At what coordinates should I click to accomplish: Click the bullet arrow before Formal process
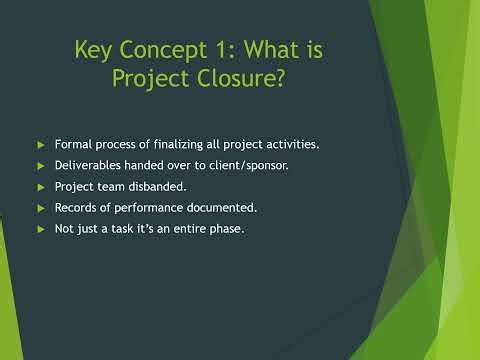click(40, 145)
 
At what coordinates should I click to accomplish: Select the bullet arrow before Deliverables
click(40, 166)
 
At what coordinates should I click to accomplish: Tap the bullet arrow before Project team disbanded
click(40, 187)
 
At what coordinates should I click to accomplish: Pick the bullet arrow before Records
click(40, 208)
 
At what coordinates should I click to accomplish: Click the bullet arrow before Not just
click(40, 229)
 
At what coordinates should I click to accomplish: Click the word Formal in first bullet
click(73, 145)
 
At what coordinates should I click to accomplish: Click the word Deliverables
click(87, 166)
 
